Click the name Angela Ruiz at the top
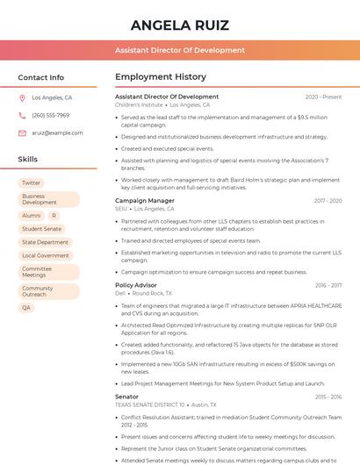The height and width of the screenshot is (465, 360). (x=179, y=25)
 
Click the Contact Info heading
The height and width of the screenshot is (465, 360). (x=41, y=77)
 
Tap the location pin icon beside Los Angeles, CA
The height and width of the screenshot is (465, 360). (x=22, y=98)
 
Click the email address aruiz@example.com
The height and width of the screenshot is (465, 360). (x=58, y=132)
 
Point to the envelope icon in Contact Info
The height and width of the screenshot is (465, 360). (x=22, y=132)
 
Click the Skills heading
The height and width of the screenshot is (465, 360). (x=28, y=160)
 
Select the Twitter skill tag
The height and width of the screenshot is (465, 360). (x=32, y=182)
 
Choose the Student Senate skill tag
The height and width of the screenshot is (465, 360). (x=42, y=229)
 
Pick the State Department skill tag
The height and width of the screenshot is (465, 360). (x=45, y=242)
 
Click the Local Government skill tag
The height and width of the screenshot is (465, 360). (x=46, y=255)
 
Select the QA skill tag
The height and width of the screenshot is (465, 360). (x=26, y=308)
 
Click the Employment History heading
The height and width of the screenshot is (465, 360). (x=161, y=77)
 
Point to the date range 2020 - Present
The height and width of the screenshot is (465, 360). (x=323, y=97)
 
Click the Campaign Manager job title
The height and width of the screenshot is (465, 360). (x=145, y=201)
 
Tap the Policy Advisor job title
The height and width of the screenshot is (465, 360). (x=136, y=285)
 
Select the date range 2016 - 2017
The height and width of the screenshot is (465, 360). (x=328, y=285)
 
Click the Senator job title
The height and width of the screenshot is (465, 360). (x=127, y=397)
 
